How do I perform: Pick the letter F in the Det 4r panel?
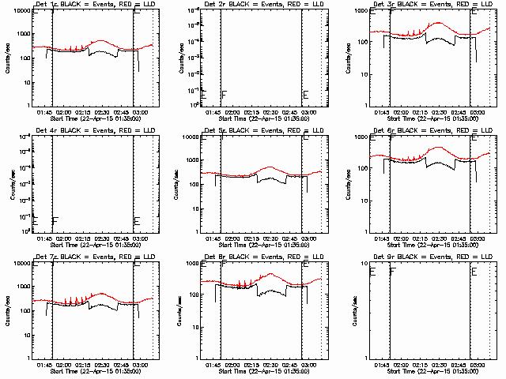55,221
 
